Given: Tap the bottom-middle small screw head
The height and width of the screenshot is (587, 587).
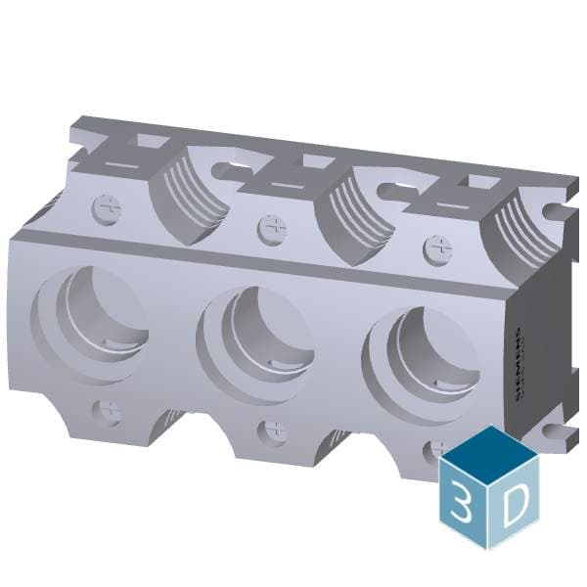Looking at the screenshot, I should (275, 430).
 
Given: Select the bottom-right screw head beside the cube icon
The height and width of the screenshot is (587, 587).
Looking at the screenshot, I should (436, 451).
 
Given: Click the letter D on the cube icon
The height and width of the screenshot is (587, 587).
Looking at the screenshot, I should (515, 503).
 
